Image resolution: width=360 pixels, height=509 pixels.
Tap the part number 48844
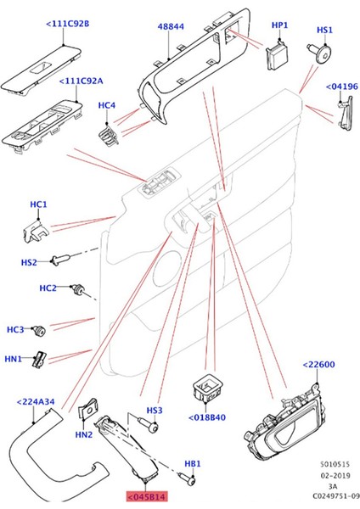pyautogui.click(x=169, y=27)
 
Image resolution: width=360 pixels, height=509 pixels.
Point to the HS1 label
pyautogui.click(x=323, y=30)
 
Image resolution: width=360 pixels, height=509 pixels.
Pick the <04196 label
pyautogui.click(x=342, y=86)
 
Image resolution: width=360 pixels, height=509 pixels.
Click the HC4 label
pyautogui.click(x=107, y=106)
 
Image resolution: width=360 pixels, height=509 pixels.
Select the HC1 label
pyautogui.click(x=38, y=205)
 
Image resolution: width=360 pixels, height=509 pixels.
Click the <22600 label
pyautogui.click(x=319, y=366)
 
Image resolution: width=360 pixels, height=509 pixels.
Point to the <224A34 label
pyautogui.click(x=36, y=402)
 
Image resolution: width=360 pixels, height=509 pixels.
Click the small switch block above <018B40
pyautogui.click(x=208, y=386)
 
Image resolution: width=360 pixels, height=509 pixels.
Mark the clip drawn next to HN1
pyautogui.click(x=39, y=360)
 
